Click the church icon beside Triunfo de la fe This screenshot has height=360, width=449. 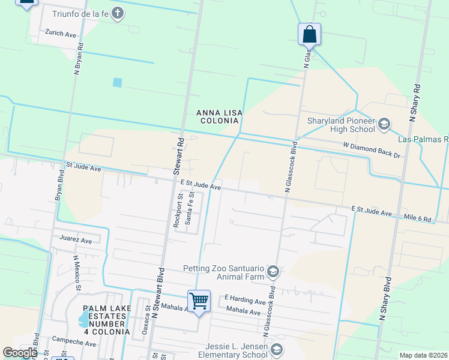click(118, 13)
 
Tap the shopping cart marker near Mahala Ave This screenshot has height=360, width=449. click(199, 300)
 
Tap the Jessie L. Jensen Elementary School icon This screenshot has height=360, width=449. click(277, 350)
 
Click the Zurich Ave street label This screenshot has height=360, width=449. click(61, 35)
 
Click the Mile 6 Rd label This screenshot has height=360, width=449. click(418, 219)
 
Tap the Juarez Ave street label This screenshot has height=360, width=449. click(76, 240)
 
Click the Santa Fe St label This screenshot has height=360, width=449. click(190, 208)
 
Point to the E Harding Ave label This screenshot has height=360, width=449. click(245, 299)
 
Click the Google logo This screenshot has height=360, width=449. click(19, 353)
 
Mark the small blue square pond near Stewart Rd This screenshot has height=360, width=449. click(117, 82)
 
